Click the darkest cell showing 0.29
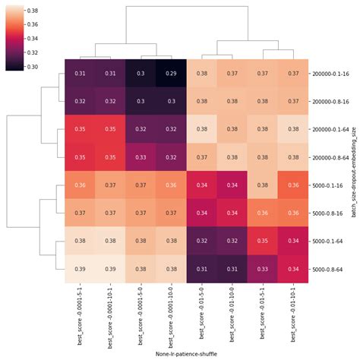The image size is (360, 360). (x=171, y=73)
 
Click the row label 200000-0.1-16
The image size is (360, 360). (x=330, y=73)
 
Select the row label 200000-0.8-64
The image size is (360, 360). (x=330, y=157)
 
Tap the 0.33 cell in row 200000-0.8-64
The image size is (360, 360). (x=141, y=157)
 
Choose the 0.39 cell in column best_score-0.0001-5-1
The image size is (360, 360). (x=79, y=269)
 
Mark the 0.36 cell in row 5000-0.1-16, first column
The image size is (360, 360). (x=79, y=185)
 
